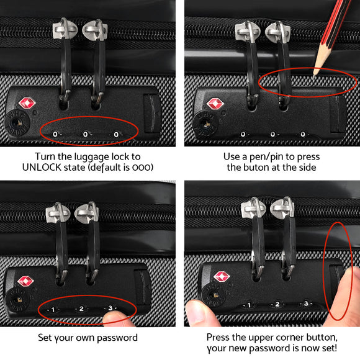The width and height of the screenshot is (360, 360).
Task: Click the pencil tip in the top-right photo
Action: click(316, 73)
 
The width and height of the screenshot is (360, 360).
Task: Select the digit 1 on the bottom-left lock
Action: click(53, 308)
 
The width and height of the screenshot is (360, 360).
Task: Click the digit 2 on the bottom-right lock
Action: click(277, 305)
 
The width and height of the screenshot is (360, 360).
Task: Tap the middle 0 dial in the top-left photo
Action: click(85, 134)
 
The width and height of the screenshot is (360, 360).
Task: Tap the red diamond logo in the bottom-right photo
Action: click(222, 277)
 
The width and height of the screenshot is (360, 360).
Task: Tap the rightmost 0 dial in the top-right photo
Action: click(303, 134)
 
